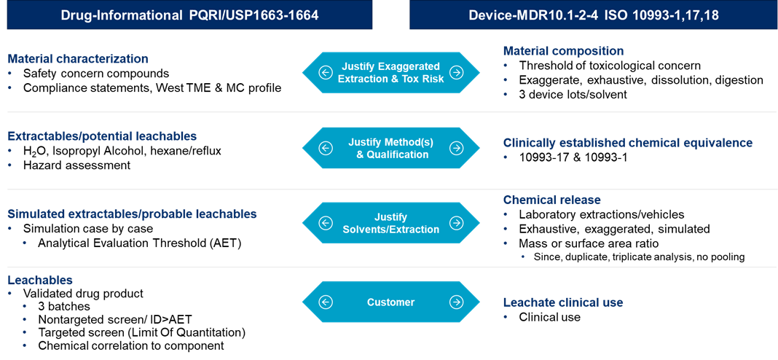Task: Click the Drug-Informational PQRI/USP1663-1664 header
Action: (190, 15)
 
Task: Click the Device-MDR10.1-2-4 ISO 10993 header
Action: (593, 15)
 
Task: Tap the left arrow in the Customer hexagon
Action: (326, 302)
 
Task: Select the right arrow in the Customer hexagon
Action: (456, 302)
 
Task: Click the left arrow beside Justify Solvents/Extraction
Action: (326, 223)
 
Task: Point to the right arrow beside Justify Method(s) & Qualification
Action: (456, 148)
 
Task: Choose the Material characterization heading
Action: (78, 59)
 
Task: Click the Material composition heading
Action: (563, 51)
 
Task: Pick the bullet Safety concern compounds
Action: (95, 74)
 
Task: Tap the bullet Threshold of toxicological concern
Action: (610, 66)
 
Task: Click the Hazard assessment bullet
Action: (76, 165)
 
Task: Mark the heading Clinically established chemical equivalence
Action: (628, 143)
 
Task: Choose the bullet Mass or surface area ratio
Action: (589, 243)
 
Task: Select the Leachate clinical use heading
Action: (563, 302)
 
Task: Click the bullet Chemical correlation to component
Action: (131, 345)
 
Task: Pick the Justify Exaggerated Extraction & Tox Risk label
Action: (391, 71)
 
